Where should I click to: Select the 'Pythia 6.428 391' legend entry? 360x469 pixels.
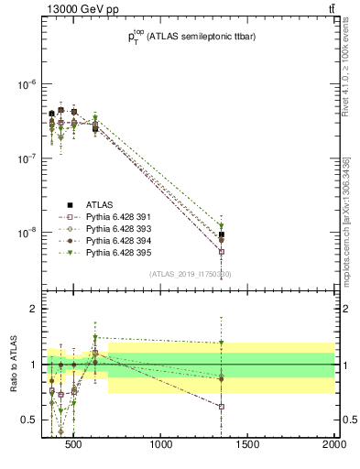108,217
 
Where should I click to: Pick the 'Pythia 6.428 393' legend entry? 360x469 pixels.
108,230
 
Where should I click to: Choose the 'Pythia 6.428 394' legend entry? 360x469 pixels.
108,243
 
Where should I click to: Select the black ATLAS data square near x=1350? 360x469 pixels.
221,235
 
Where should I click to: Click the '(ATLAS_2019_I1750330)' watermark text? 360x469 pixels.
191,274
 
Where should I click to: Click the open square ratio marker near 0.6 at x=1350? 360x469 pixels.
221,406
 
